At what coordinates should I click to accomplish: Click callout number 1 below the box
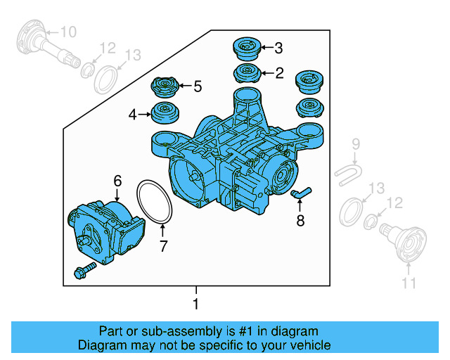tap(196, 304)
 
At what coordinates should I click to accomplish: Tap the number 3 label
tap(278, 48)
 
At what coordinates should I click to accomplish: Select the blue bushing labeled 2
tap(246, 73)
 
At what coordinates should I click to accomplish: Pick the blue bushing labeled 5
tap(167, 89)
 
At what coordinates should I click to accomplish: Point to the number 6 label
tap(117, 180)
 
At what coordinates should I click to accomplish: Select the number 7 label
tap(163, 246)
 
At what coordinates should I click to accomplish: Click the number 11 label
tap(409, 283)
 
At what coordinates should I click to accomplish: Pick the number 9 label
tap(356, 144)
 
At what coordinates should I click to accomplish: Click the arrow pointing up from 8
tap(300, 206)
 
